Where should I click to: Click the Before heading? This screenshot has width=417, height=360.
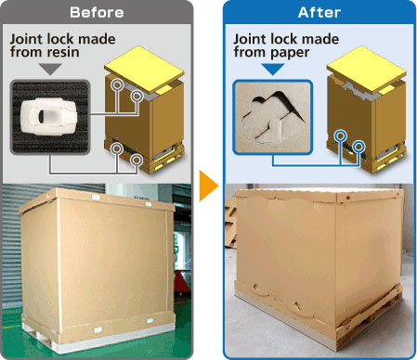coord(97,12)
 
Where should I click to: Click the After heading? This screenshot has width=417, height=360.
coord(319,12)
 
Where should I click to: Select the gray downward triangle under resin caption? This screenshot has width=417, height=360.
coord(51,69)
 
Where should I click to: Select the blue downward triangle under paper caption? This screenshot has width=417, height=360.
coord(273,69)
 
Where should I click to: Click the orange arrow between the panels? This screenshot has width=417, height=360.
coord(209,186)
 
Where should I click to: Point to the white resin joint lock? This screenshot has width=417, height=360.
coord(48,116)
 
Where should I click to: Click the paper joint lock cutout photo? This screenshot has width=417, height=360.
coord(272,117)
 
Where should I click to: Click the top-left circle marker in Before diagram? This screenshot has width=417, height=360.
coord(117,84)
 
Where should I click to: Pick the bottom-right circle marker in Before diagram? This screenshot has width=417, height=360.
coord(137,160)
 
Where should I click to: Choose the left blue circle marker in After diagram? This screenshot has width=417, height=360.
coord(341,135)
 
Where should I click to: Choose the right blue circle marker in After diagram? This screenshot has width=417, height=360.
coord(359,146)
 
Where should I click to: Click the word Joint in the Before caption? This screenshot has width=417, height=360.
coord(26,40)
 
